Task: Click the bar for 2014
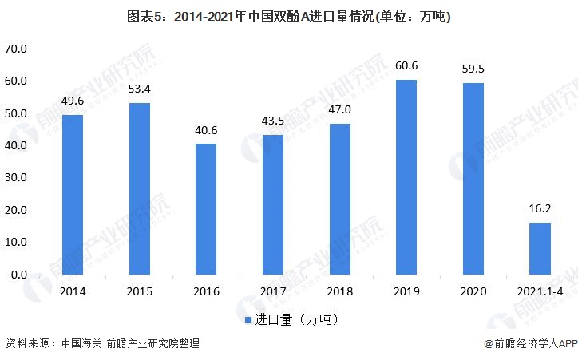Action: pyautogui.click(x=72, y=194)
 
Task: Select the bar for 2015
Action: pyautogui.click(x=139, y=188)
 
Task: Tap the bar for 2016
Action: pyautogui.click(x=206, y=209)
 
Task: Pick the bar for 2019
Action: pyautogui.click(x=406, y=176)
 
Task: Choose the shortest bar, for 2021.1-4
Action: pyautogui.click(x=540, y=248)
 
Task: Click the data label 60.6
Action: pyautogui.click(x=406, y=65)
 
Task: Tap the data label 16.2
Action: pyautogui.click(x=540, y=209)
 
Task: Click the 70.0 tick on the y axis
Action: pyautogui.click(x=16, y=49)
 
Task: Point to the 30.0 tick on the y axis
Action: pyautogui.click(x=16, y=178)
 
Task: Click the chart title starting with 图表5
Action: pyautogui.click(x=288, y=16)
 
